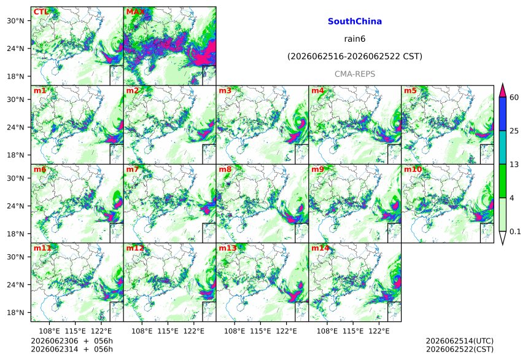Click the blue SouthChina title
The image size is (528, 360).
click(x=355, y=22)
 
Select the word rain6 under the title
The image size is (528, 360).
click(x=355, y=39)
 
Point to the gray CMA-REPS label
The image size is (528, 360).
click(x=355, y=74)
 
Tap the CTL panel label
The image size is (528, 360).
click(x=41, y=12)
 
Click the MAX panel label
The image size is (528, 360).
click(x=135, y=12)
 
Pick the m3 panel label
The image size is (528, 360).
click(x=225, y=91)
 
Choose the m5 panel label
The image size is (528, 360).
click(x=410, y=91)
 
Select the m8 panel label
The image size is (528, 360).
click(x=225, y=169)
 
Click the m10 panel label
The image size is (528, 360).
click(x=413, y=169)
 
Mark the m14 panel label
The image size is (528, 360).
click(x=320, y=248)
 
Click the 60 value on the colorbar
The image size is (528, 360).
click(x=514, y=98)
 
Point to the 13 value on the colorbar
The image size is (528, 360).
click(x=514, y=165)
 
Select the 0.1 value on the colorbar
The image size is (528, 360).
click(x=515, y=232)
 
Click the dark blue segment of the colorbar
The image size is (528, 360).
click(x=502, y=114)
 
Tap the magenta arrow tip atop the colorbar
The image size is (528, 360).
click(x=502, y=84)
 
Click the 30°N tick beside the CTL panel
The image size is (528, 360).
click(x=15, y=21)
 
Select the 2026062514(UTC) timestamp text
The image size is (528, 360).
click(x=460, y=341)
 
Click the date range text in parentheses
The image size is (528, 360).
click(x=355, y=57)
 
